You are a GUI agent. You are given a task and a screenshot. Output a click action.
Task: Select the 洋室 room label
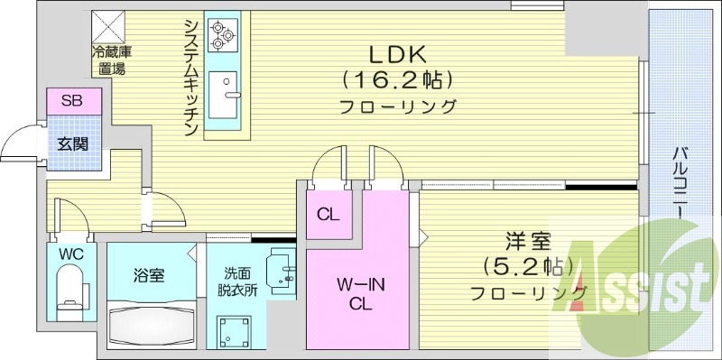(529, 242)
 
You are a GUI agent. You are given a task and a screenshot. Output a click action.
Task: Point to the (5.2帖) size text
(529, 267)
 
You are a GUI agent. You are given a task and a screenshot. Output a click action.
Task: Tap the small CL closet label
(327, 215)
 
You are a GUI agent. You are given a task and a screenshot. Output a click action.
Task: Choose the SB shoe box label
(71, 101)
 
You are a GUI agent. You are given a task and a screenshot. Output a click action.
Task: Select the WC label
(71, 254)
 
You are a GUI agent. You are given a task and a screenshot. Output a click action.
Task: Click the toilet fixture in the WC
(70, 293)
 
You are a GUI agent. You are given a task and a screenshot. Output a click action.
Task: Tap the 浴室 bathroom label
(149, 275)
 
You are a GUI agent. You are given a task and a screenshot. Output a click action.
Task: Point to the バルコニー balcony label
(677, 181)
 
